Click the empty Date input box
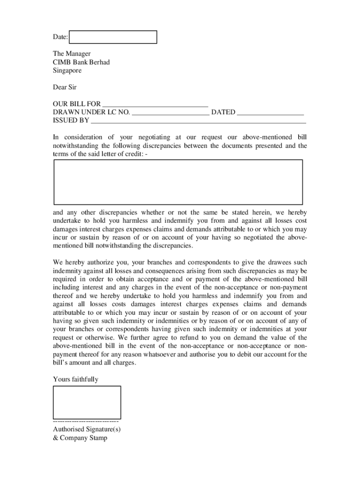(113, 37)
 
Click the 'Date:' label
(60, 37)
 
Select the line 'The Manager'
(72, 54)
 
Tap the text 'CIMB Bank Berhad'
(81, 62)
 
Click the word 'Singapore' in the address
(67, 71)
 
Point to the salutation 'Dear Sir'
(65, 87)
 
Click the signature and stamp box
(87, 402)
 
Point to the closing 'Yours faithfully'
(76, 379)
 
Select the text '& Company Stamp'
(80, 438)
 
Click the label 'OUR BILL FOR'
(77, 104)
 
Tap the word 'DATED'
(223, 112)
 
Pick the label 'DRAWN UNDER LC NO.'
(92, 112)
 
